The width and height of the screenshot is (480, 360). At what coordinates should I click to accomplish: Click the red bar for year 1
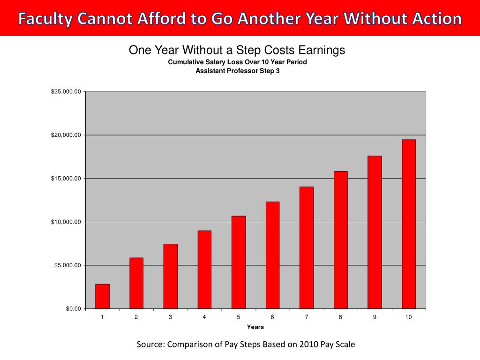(102, 296)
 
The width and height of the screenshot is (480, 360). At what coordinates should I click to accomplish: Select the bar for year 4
(204, 270)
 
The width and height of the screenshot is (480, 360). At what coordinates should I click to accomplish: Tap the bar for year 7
(307, 247)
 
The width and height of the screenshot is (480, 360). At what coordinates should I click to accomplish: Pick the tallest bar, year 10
(409, 224)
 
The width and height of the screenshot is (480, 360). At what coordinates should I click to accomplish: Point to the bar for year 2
(136, 283)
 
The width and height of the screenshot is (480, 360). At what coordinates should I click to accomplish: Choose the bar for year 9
(375, 232)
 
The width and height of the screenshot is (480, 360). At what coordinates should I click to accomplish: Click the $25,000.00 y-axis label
(66, 92)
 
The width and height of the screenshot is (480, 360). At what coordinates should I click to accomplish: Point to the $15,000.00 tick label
(66, 179)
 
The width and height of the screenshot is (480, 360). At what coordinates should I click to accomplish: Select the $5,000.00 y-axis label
(67, 265)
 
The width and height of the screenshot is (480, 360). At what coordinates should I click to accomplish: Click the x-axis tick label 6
(272, 317)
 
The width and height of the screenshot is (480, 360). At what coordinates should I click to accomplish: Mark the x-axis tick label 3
(170, 317)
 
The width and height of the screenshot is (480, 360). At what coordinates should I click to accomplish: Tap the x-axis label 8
(340, 317)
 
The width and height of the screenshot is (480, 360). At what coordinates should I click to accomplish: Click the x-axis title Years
(255, 327)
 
